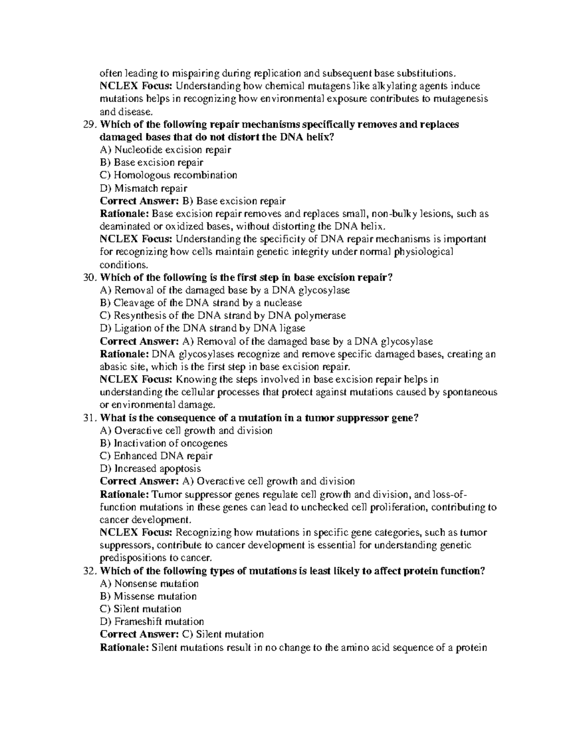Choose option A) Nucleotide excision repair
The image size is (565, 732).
click(165, 150)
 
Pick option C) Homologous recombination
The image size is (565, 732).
click(169, 175)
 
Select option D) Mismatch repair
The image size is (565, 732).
click(144, 189)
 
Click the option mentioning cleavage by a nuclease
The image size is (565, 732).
click(201, 303)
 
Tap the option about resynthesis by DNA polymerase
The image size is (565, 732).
click(223, 316)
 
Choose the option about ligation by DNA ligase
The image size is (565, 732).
click(203, 329)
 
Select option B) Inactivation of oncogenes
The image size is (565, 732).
click(164, 444)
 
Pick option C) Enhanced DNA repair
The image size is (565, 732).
click(156, 456)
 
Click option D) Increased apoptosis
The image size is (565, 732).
click(151, 469)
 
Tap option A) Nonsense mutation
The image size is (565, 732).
click(150, 584)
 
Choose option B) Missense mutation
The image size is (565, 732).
click(148, 596)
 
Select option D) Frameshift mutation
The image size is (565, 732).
click(152, 622)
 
